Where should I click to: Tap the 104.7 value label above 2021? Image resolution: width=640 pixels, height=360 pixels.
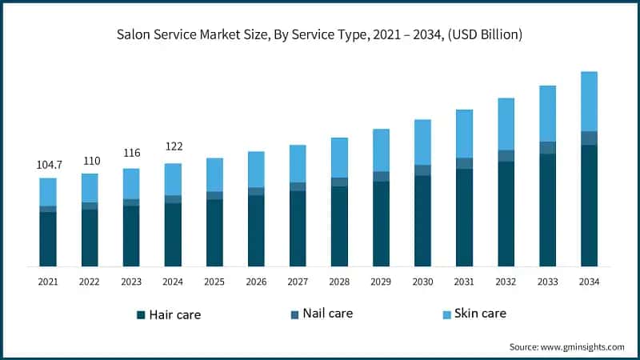[x=48, y=165]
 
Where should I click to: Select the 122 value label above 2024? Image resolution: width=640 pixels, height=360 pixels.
[x=173, y=146]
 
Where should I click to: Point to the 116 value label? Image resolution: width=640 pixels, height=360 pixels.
[x=131, y=153]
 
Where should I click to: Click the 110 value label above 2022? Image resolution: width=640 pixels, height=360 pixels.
[x=90, y=161]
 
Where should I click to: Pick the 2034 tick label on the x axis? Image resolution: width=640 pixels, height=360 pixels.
[x=589, y=282]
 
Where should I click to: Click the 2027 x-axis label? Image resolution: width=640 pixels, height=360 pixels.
[x=298, y=282]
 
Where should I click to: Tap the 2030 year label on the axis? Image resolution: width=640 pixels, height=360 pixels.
[x=422, y=282]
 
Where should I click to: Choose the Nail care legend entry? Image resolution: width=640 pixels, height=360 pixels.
[x=327, y=313]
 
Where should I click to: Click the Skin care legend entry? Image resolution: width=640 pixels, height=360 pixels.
[x=480, y=313]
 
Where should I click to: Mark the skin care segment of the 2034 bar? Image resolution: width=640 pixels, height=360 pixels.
[x=589, y=101]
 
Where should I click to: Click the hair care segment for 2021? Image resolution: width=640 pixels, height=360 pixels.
[x=48, y=238]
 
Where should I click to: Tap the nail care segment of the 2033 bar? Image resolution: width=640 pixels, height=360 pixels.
[x=547, y=147]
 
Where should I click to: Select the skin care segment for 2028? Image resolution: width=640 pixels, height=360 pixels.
[x=339, y=157]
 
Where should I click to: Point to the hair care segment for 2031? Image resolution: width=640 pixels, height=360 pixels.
[x=464, y=217]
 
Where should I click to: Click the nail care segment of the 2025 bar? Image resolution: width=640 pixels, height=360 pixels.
[x=214, y=195]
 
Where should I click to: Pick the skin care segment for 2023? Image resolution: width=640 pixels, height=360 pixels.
[x=131, y=183]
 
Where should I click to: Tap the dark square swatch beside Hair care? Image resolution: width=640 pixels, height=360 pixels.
[x=141, y=314]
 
